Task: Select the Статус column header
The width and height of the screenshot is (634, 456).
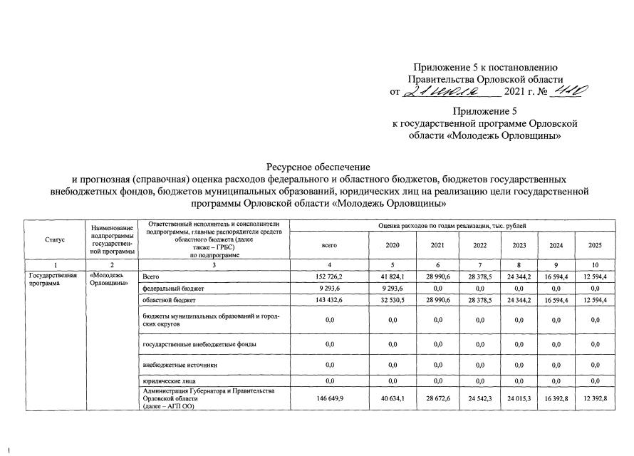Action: (54, 240)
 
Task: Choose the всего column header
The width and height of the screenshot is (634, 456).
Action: (329, 244)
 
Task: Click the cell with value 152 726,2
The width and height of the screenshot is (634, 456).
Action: (329, 276)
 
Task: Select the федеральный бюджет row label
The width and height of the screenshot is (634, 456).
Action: (173, 289)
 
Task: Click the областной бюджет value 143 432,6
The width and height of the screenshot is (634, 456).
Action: (329, 301)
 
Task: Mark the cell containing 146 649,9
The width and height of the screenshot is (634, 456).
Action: (329, 398)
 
